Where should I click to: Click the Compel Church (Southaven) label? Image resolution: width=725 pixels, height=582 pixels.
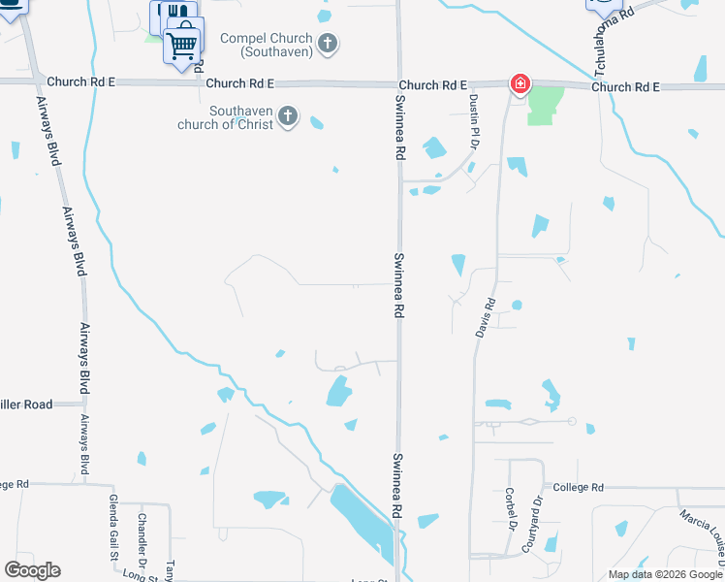click(265, 44)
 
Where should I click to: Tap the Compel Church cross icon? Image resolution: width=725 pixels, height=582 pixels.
click(328, 43)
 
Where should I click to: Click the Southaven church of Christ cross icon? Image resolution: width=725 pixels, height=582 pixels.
click(287, 117)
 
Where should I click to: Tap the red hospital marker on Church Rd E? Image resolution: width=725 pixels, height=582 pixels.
click(520, 84)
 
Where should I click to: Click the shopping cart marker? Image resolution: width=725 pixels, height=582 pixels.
click(183, 44)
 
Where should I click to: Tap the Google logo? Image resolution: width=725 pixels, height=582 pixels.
click(33, 570)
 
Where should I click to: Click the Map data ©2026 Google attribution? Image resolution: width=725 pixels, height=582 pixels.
click(664, 574)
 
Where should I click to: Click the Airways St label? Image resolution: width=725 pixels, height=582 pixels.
click(84, 445)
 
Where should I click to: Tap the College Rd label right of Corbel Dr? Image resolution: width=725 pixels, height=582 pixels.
click(580, 487)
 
